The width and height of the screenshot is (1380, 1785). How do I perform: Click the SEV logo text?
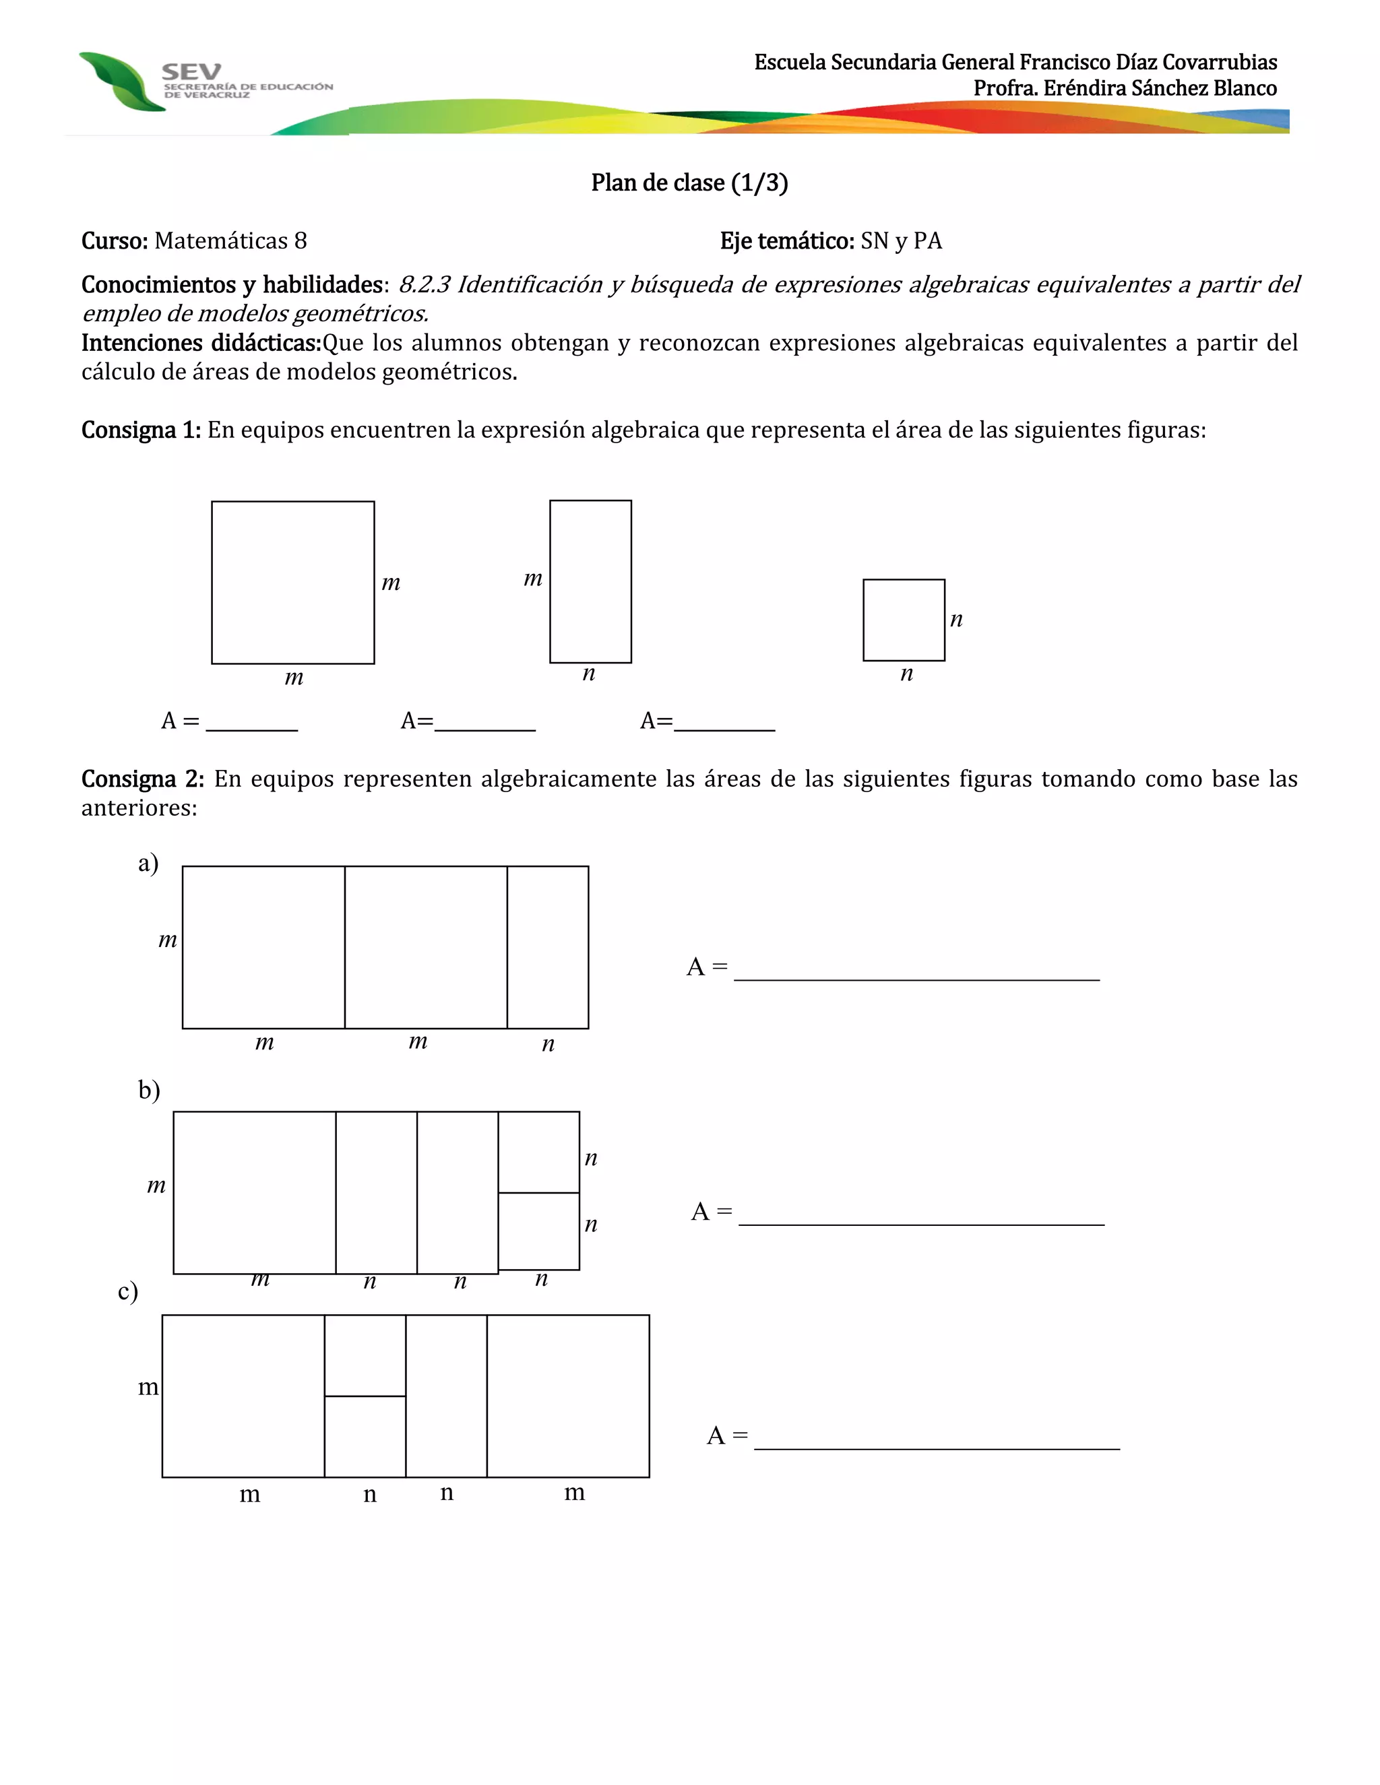(191, 72)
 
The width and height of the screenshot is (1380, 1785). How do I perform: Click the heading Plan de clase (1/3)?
(689, 183)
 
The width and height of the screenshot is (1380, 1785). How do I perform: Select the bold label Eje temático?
(786, 241)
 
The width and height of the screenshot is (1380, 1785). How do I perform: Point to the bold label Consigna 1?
(141, 430)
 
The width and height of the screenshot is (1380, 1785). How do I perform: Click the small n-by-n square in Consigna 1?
(904, 620)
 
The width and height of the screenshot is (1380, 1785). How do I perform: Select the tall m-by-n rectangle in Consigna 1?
(590, 581)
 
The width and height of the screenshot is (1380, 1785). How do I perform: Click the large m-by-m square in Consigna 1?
(292, 582)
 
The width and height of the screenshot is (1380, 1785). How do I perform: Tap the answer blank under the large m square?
(252, 723)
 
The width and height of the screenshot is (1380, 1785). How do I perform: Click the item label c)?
(128, 1291)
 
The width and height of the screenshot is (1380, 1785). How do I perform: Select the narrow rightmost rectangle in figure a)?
(548, 947)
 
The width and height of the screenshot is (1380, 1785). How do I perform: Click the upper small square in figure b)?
(539, 1152)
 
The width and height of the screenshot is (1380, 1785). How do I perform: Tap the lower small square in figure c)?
(365, 1436)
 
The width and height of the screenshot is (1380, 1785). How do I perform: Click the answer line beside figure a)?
(916, 973)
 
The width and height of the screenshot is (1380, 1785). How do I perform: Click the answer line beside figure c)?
(936, 1441)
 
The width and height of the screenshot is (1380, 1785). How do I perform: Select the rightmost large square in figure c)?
(568, 1396)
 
